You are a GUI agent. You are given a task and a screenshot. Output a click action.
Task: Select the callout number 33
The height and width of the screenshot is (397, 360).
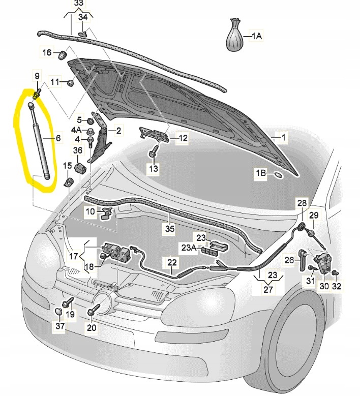[78, 4]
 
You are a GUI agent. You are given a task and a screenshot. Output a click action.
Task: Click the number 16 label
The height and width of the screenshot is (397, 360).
[47, 52]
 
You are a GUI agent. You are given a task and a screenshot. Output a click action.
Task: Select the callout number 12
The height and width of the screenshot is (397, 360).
[183, 137]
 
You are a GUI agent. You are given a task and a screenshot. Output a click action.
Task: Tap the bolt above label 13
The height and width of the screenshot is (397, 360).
[153, 151]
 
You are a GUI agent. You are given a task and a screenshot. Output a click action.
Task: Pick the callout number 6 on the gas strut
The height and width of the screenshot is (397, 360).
[57, 138]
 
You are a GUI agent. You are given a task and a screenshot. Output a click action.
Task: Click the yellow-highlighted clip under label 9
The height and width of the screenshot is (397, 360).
[37, 94]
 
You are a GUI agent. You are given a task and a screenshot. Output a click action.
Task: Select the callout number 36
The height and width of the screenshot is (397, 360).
[78, 150]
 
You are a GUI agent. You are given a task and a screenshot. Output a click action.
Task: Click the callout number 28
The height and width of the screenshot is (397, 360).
[302, 203]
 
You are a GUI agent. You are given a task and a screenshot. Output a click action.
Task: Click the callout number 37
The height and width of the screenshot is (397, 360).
[61, 326]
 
